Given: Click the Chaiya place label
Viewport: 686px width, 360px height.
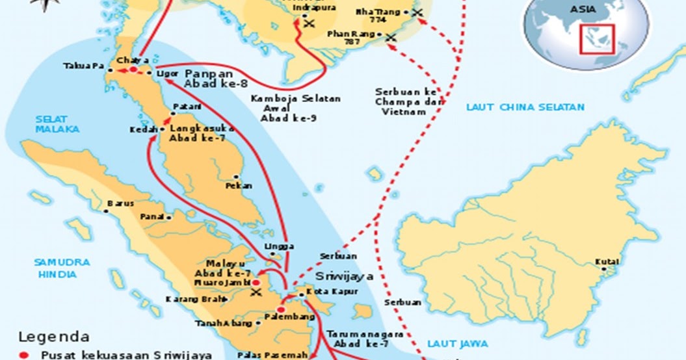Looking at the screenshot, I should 129,60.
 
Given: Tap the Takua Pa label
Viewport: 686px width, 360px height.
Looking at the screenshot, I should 81,66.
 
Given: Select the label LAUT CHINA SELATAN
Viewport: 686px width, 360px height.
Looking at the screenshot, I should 525,107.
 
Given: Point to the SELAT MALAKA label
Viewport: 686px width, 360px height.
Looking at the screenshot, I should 57,123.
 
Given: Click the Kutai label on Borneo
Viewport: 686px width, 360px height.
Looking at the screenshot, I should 606,262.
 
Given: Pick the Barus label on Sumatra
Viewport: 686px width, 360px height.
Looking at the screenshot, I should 121,203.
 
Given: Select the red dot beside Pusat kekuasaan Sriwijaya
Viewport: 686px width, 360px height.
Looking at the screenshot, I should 25,355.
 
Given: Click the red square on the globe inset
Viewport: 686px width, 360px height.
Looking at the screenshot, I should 598,41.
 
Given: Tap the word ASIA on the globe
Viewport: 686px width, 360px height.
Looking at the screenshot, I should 583,9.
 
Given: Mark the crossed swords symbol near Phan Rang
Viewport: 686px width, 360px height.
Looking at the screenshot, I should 391,38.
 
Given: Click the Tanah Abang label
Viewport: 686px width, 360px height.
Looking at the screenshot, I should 223,323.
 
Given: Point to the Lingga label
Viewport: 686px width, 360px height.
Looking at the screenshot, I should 279,247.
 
